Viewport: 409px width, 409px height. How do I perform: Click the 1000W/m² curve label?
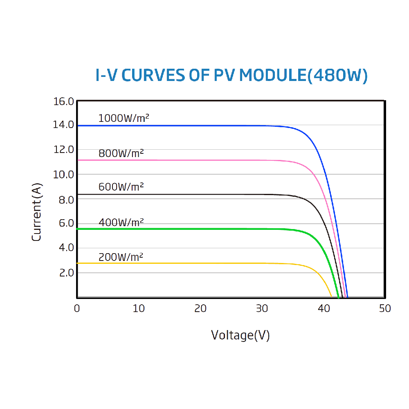[124, 119]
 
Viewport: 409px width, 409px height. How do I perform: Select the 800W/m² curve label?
[121, 153]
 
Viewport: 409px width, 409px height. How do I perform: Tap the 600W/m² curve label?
[121, 187]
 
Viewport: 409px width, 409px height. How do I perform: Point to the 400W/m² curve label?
[121, 222]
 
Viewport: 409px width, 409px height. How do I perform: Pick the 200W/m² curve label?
[121, 257]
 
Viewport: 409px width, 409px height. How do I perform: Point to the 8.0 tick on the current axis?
[66, 200]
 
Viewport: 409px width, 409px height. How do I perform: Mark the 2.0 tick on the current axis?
[66, 273]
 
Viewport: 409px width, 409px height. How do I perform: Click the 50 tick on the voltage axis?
[385, 309]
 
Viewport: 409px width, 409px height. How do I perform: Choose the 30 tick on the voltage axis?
[262, 309]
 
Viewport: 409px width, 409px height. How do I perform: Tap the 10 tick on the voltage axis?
[139, 309]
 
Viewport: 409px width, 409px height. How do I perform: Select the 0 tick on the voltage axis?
[77, 309]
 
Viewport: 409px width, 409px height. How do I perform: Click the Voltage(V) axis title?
[240, 335]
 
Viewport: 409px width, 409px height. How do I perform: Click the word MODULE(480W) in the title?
[303, 76]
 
